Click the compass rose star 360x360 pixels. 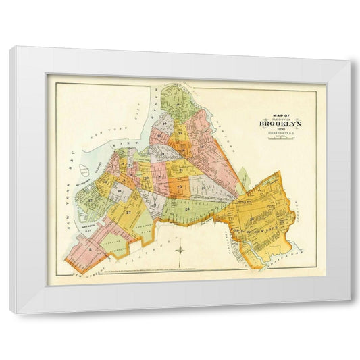(180, 253)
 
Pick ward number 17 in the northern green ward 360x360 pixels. (176, 106)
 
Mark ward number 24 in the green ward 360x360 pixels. (186, 211)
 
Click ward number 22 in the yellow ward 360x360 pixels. (128, 211)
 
